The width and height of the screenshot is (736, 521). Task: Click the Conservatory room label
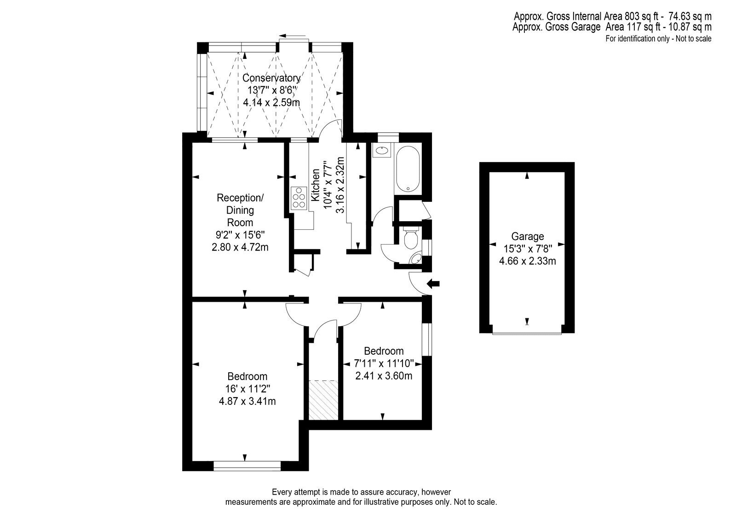click(271, 78)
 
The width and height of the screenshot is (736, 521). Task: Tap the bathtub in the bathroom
click(408, 169)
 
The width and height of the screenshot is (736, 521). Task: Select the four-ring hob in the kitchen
click(299, 198)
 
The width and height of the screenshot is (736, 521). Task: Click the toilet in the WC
click(410, 237)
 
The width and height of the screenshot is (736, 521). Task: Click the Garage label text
click(527, 236)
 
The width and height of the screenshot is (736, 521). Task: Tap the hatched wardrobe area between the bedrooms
click(323, 400)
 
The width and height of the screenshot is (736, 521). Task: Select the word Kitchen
click(316, 185)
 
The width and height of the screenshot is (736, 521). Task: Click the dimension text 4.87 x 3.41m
click(247, 401)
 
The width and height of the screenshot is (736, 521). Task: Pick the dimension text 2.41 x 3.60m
click(384, 375)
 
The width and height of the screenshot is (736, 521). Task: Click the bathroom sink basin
click(381, 151)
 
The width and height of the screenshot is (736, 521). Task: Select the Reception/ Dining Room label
click(240, 210)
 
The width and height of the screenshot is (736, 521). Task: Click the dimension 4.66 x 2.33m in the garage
click(527, 261)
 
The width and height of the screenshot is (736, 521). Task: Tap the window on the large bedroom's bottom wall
click(247, 466)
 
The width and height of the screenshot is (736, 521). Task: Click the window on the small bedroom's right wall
click(427, 340)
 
